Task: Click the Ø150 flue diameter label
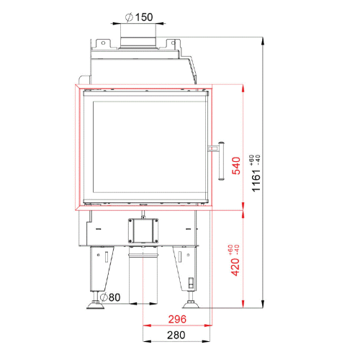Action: [x=139, y=17]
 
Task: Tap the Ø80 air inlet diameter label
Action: [x=110, y=297]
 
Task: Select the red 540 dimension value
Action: [x=236, y=166]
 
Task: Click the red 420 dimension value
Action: [x=235, y=267]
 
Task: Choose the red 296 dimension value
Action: [x=177, y=319]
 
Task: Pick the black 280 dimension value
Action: [x=176, y=335]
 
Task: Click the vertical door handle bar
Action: [x=221, y=161]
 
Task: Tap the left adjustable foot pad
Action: [x=95, y=306]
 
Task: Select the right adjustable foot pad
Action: [x=191, y=305]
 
